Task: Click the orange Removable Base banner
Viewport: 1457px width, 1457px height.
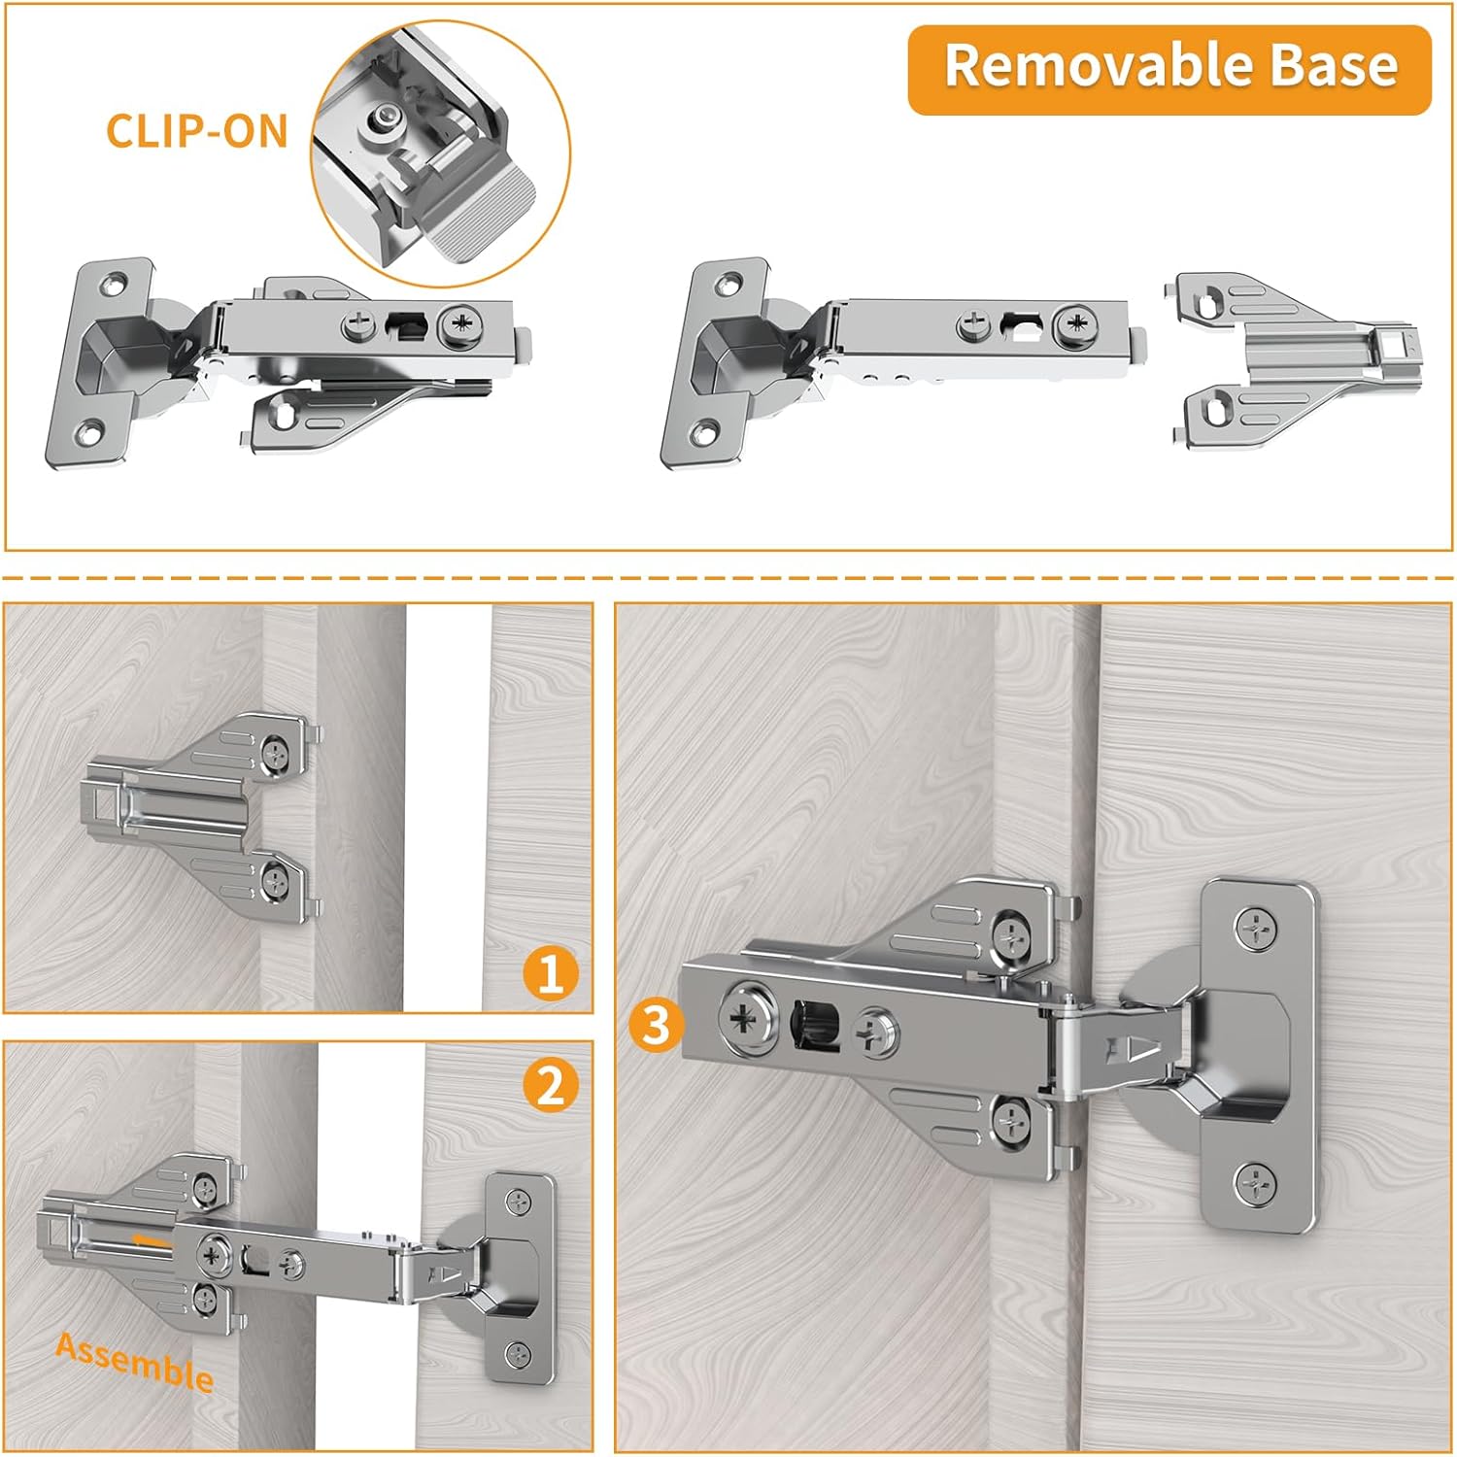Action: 1169,69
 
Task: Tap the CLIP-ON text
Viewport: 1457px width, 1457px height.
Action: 197,131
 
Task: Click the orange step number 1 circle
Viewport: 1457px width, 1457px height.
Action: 551,973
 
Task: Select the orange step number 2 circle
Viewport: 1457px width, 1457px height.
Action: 551,1084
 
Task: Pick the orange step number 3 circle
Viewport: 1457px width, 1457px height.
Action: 657,1026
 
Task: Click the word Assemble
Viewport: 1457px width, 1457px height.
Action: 135,1362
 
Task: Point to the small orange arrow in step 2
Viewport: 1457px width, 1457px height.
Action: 152,1240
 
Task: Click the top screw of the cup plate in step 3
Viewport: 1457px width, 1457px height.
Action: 1258,931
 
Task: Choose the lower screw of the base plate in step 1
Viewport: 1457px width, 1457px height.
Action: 277,881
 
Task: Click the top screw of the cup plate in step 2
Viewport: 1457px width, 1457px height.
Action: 521,1202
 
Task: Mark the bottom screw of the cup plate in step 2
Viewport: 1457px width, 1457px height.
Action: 520,1351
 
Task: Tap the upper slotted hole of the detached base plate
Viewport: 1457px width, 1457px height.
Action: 1209,304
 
